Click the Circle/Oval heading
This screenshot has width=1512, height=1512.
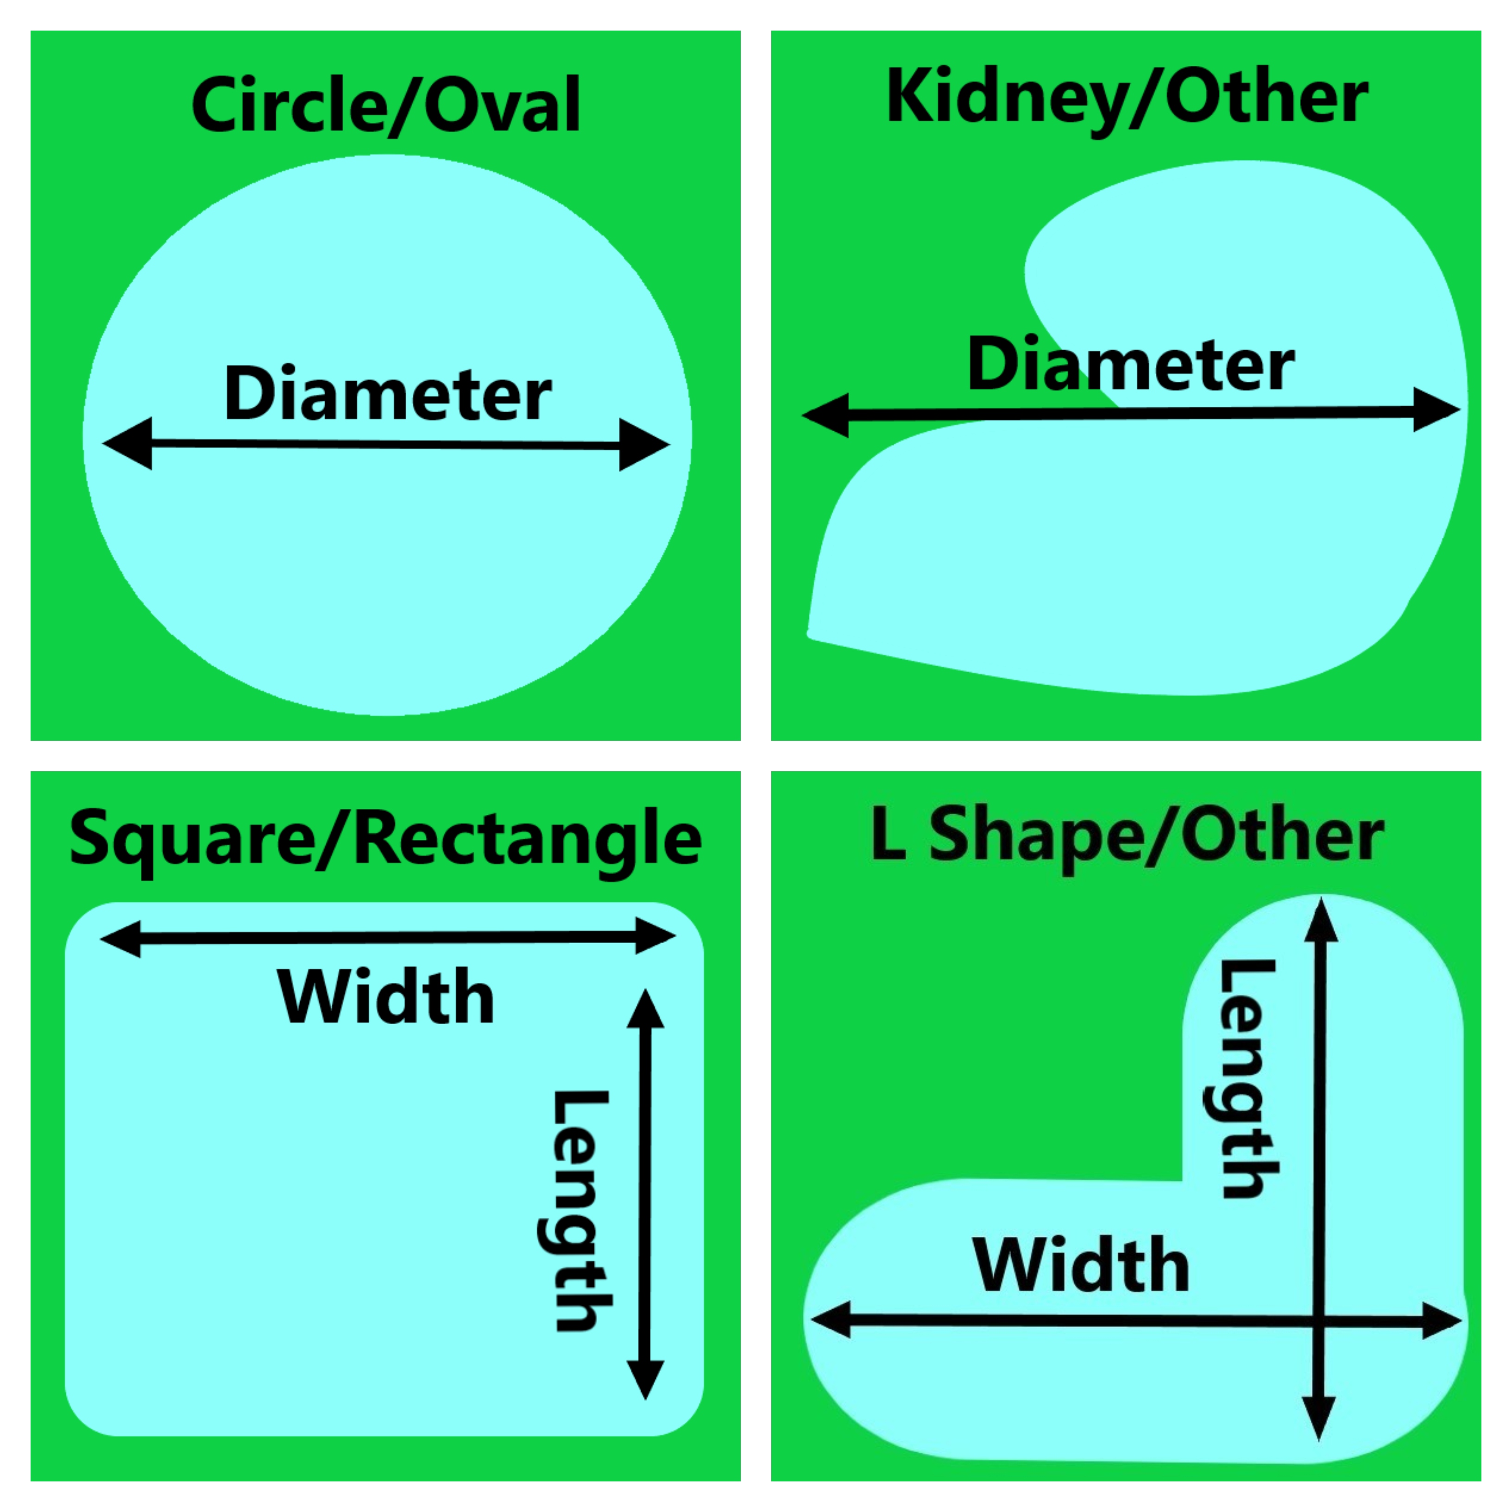pyautogui.click(x=386, y=106)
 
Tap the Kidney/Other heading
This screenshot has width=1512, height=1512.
pyautogui.click(x=1127, y=98)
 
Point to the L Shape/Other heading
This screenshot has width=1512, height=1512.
pyautogui.click(x=1127, y=836)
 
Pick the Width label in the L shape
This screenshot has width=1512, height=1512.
pyautogui.click(x=1082, y=1266)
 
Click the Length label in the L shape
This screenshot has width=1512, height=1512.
pyautogui.click(x=1249, y=1079)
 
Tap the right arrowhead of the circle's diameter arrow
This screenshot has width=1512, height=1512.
pyautogui.click(x=643, y=445)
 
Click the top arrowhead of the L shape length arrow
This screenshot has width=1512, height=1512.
pyautogui.click(x=1322, y=921)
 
